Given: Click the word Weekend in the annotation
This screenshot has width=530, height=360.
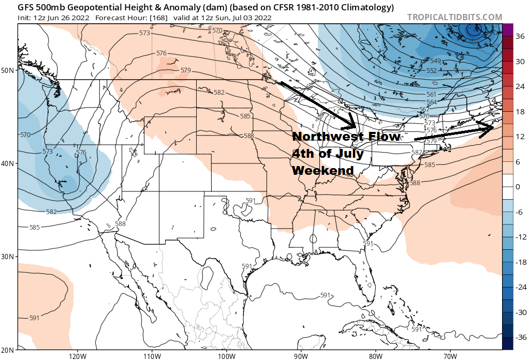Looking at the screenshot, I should tap(323, 170).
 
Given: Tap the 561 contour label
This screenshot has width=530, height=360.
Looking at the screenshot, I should tap(431, 95).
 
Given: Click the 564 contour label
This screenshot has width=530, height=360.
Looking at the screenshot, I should tap(431, 102).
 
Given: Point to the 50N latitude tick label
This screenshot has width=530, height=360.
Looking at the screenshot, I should tap(8, 70).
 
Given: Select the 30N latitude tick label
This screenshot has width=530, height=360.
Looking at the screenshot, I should tap(8, 257).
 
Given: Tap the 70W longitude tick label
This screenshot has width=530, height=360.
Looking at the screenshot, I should tap(449, 355).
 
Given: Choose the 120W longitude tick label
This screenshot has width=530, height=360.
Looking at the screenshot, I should tap(77, 355).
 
